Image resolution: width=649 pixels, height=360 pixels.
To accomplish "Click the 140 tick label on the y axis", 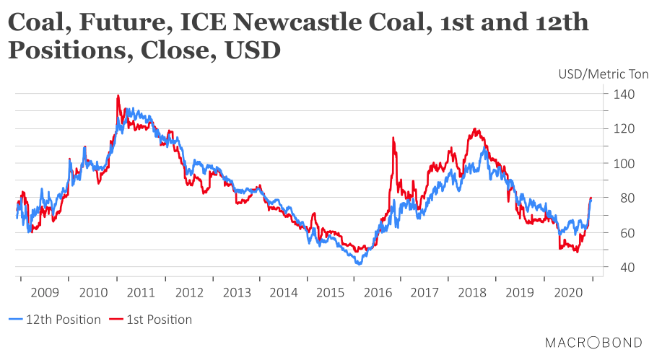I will pyautogui.click(x=624, y=95).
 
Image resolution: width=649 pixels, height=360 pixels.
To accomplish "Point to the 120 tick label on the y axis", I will pyautogui.click(x=624, y=129).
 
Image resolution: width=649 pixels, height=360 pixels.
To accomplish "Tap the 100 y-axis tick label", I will pyautogui.click(x=624, y=164).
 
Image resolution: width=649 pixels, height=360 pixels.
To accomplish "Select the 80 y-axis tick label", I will pyautogui.click(x=624, y=198).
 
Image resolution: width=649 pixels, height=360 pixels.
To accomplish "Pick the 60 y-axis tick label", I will pyautogui.click(x=624, y=233).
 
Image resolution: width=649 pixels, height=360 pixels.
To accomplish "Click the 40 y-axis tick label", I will pyautogui.click(x=624, y=268).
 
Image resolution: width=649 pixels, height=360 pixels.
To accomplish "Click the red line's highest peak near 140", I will pyautogui.click(x=118, y=96).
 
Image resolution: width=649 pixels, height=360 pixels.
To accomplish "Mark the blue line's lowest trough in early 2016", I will pyautogui.click(x=358, y=264).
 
